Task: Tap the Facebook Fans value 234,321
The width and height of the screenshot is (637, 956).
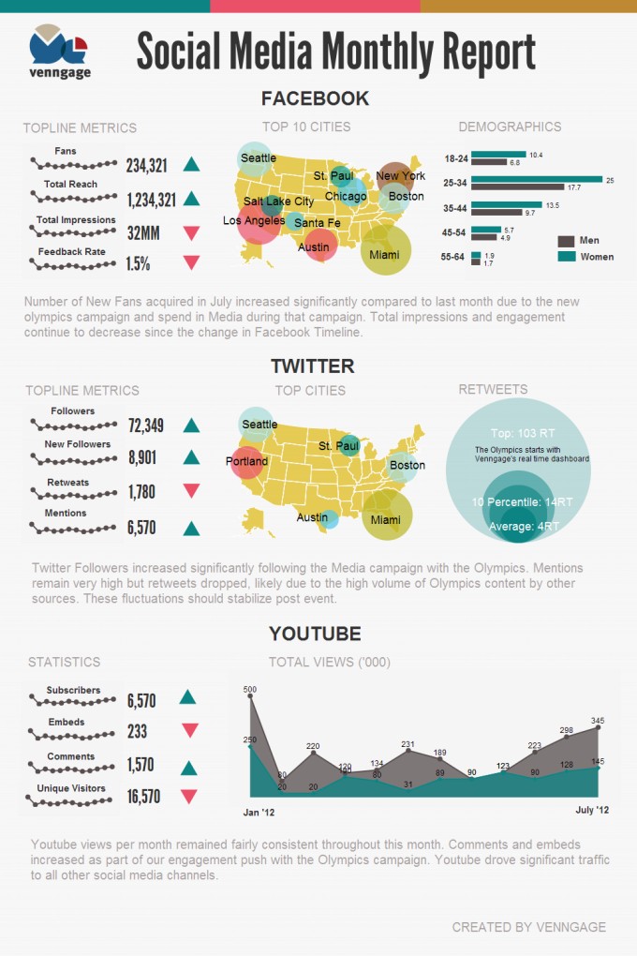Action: [147, 166]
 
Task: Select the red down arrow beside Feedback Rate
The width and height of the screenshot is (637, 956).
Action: [192, 262]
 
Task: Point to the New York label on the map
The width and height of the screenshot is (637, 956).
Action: [400, 175]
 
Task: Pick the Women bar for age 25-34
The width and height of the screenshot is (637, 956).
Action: [537, 179]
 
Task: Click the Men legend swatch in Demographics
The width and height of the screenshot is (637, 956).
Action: [567, 241]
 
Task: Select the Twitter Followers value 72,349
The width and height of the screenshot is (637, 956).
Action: [146, 426]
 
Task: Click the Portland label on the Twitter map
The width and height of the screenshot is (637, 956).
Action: [246, 461]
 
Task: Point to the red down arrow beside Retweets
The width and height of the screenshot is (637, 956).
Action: [192, 490]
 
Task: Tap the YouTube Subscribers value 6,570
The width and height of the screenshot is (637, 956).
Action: [141, 700]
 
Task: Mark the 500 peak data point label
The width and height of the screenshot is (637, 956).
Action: [249, 690]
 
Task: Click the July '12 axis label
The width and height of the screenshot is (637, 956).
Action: [592, 809]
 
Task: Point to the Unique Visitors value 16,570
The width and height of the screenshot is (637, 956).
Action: [144, 797]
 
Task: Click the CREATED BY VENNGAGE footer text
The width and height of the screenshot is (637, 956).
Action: [528, 927]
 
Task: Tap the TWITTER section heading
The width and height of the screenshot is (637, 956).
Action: [312, 366]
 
